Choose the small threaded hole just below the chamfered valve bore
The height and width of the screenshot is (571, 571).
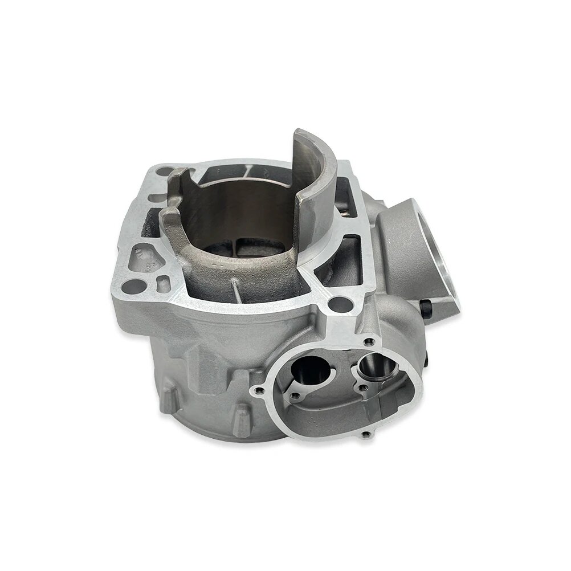pos(361,388)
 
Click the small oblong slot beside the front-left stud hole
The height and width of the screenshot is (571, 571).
pos(163,281)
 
